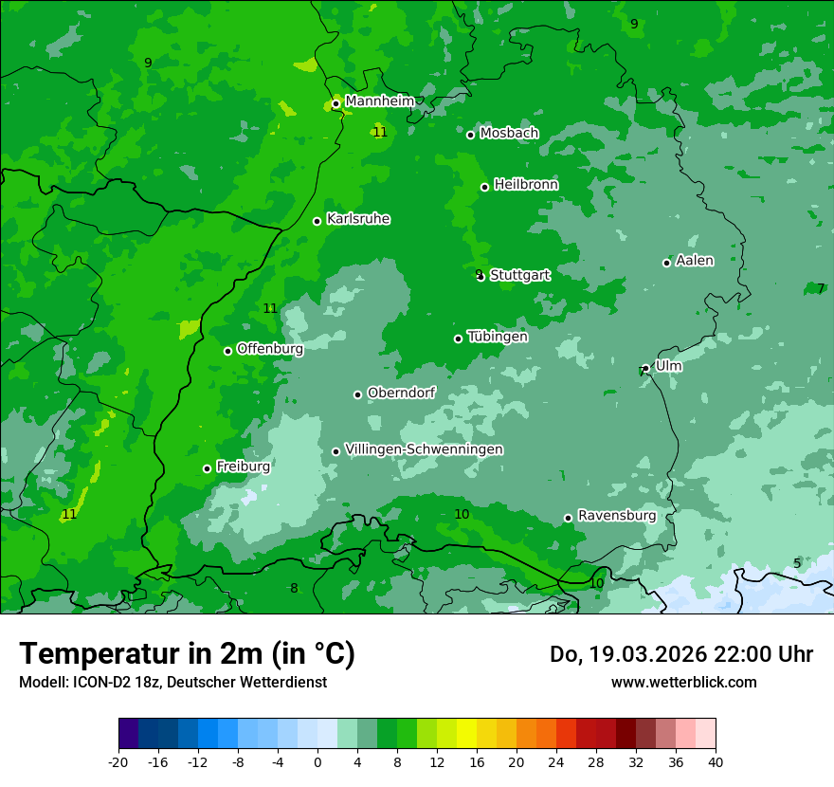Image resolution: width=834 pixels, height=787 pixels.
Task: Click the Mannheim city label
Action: tap(379, 101)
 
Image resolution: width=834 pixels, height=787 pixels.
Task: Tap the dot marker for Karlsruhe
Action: tap(317, 221)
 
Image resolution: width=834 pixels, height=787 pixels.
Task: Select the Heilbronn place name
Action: tap(526, 185)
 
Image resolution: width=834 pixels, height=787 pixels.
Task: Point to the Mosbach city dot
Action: tap(470, 135)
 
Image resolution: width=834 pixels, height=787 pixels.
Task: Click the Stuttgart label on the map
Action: tap(520, 275)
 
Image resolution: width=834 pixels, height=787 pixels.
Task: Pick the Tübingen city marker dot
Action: tap(458, 339)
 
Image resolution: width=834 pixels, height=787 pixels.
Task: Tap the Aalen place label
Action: tap(695, 261)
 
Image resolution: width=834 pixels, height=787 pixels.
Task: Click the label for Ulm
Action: tap(668, 365)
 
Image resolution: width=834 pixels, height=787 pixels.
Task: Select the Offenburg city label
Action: tap(270, 349)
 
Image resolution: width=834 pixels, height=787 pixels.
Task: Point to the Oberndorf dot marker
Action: tap(357, 394)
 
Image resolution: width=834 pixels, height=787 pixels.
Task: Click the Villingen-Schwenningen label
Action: tap(425, 449)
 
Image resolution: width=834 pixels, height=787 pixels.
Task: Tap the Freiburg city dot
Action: tap(207, 468)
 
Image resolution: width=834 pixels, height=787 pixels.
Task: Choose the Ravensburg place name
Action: tap(617, 516)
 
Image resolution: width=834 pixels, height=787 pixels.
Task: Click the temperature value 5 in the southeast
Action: tap(797, 563)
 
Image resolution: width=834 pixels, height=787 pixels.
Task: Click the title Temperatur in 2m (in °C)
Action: tap(187, 653)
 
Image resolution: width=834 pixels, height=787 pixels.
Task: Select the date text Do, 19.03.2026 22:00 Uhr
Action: tap(681, 654)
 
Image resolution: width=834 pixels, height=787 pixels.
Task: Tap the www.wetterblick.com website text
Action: tap(684, 682)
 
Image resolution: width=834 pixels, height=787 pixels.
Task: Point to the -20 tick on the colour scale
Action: tap(118, 761)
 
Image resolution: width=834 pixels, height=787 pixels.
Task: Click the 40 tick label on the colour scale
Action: tap(716, 761)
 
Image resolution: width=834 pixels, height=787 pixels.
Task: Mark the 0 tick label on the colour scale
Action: tap(317, 761)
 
